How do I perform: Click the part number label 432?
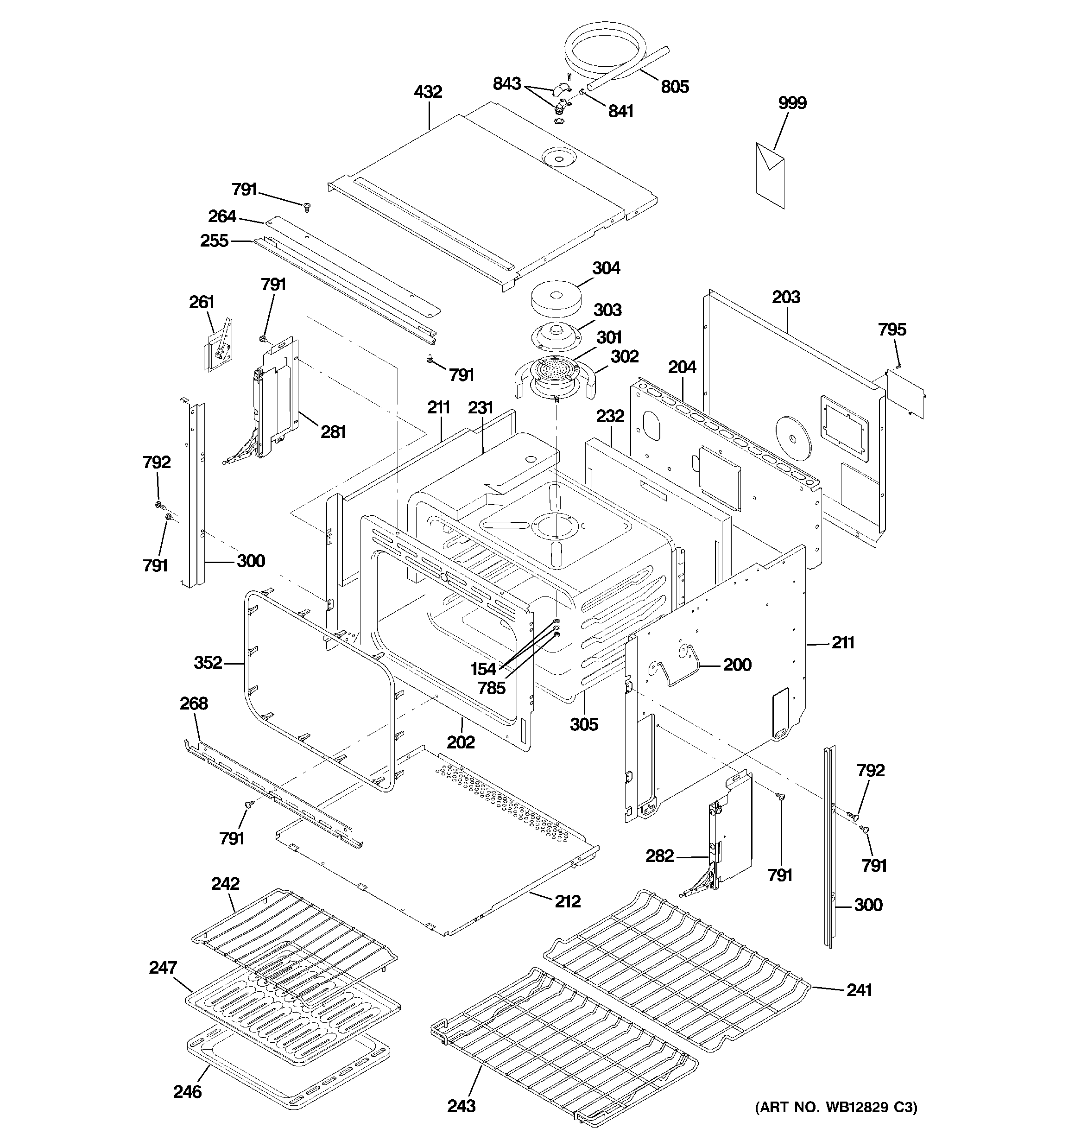428,92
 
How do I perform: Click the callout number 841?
620,111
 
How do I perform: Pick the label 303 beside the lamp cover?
607,310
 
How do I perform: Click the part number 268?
193,703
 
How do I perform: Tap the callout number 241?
859,990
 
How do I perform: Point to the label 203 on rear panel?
785,297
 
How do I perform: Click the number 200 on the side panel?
737,665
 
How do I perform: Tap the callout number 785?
491,688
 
